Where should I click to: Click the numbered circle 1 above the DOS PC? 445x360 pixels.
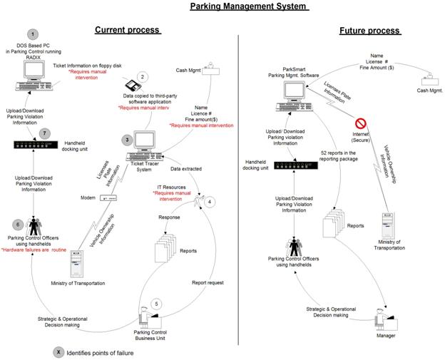(x=33, y=35)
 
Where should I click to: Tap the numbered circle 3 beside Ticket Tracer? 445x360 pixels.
(x=127, y=140)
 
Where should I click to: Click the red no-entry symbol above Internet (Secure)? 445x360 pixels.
(x=361, y=123)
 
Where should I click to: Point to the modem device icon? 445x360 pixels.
(x=108, y=198)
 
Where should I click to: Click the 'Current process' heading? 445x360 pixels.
(x=128, y=30)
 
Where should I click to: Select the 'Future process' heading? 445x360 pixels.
(x=370, y=31)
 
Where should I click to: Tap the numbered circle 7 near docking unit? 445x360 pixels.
(x=44, y=133)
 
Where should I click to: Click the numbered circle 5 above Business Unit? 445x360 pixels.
(x=156, y=304)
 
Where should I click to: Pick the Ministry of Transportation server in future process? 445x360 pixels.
(x=388, y=225)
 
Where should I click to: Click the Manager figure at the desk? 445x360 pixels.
(x=386, y=319)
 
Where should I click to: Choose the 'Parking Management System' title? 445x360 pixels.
(x=249, y=6)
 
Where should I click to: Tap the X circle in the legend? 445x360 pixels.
(x=58, y=352)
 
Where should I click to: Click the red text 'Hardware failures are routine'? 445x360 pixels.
(x=34, y=250)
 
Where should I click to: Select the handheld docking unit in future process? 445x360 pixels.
(x=296, y=165)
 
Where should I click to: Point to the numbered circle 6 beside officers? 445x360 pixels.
(x=18, y=225)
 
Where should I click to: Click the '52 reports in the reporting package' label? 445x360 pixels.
(x=338, y=156)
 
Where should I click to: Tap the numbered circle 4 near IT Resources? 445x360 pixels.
(x=210, y=202)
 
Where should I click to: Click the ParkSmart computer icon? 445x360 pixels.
(x=295, y=96)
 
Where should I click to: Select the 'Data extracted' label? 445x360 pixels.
(x=186, y=169)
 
